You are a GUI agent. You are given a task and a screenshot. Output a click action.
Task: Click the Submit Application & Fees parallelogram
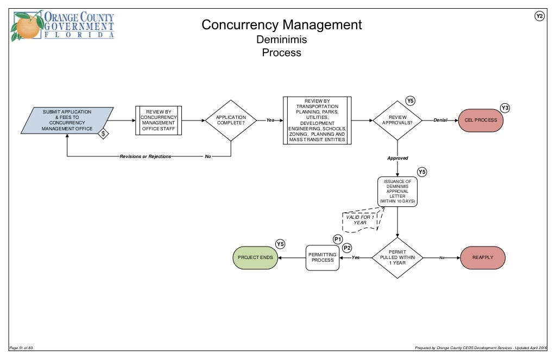point(67,121)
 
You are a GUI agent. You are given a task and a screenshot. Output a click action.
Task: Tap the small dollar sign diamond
point(104,133)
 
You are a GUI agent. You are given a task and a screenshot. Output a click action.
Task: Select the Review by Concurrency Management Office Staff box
point(158,121)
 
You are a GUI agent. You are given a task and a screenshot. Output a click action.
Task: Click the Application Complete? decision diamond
point(231,121)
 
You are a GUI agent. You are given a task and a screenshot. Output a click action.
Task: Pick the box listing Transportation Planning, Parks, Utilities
point(317,121)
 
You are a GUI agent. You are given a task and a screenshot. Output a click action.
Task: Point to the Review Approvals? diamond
point(397,120)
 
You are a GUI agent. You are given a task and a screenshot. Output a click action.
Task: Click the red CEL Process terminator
point(481,120)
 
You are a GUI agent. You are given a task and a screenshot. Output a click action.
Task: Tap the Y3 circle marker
point(505,108)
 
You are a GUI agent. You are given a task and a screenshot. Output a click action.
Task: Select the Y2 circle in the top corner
point(539,16)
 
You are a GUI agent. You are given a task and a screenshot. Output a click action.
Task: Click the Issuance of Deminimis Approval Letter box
point(397,192)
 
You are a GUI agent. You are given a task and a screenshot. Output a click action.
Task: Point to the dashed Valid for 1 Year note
point(359,220)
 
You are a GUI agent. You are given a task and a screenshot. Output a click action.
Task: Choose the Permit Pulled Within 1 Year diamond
point(397,258)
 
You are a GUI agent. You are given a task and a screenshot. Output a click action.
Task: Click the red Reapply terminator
point(483,258)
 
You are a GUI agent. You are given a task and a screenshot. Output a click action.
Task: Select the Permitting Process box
point(323,257)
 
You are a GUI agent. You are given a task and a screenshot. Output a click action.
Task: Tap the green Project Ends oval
point(255,258)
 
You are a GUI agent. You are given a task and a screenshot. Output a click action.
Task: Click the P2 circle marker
point(346,248)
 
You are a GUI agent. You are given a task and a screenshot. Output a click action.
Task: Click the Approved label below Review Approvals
point(397,159)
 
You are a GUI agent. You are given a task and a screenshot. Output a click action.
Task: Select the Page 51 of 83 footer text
point(22,348)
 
